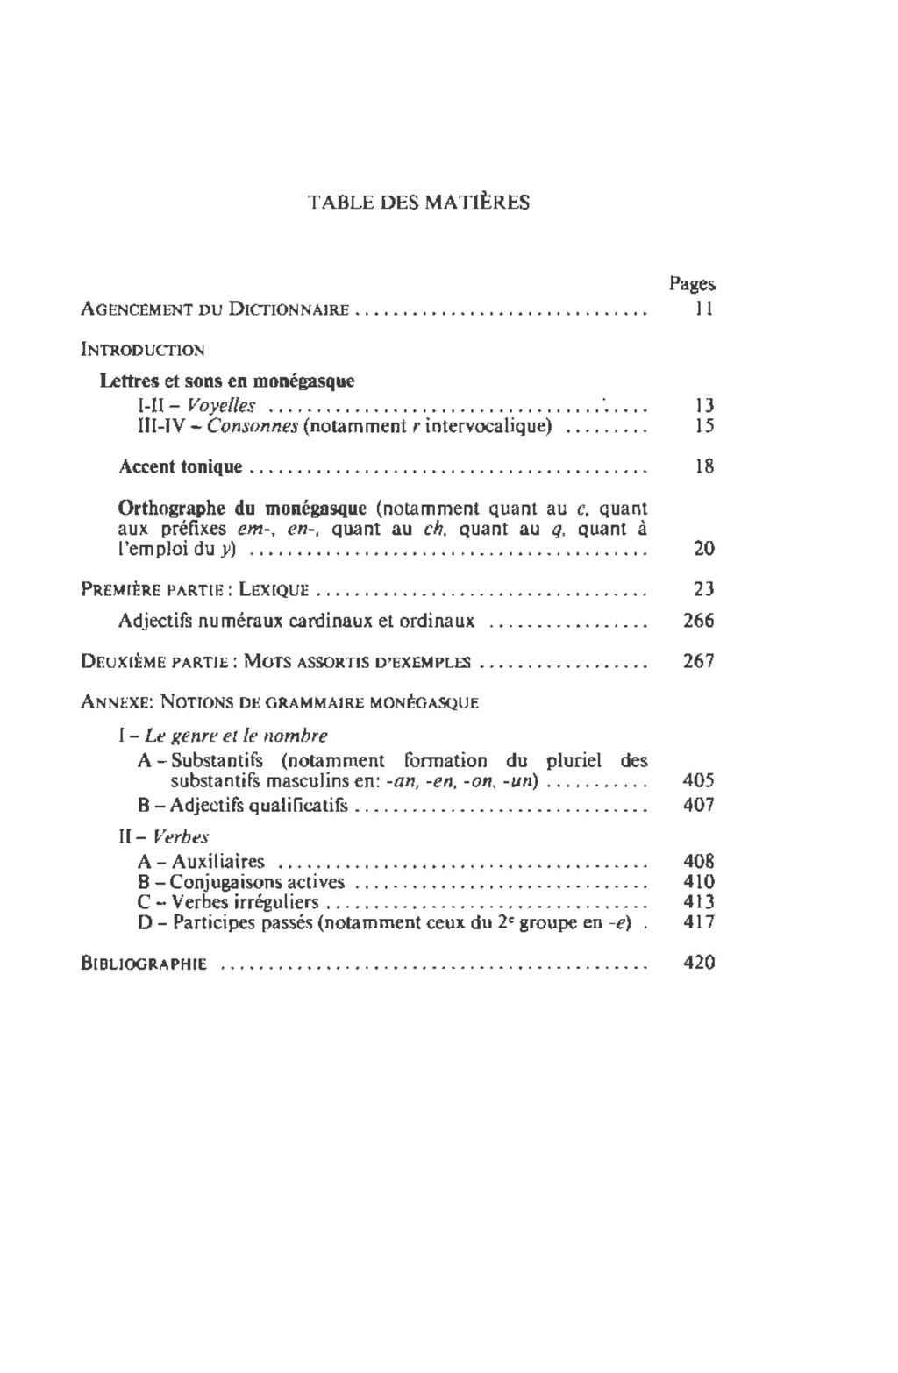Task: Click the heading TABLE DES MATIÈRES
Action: (419, 203)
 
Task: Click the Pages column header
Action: (692, 283)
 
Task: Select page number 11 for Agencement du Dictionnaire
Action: (703, 309)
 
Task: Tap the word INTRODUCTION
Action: (142, 350)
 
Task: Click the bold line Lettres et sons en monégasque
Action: (227, 381)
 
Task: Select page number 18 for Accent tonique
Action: (703, 466)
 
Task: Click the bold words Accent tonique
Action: (180, 466)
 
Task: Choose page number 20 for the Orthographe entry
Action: (703, 549)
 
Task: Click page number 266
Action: (699, 621)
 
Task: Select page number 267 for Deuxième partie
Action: (699, 661)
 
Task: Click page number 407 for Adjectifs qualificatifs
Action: (699, 805)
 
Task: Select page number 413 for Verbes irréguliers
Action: (699, 902)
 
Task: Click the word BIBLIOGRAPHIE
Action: (144, 964)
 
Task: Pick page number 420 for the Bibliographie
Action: (699, 963)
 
